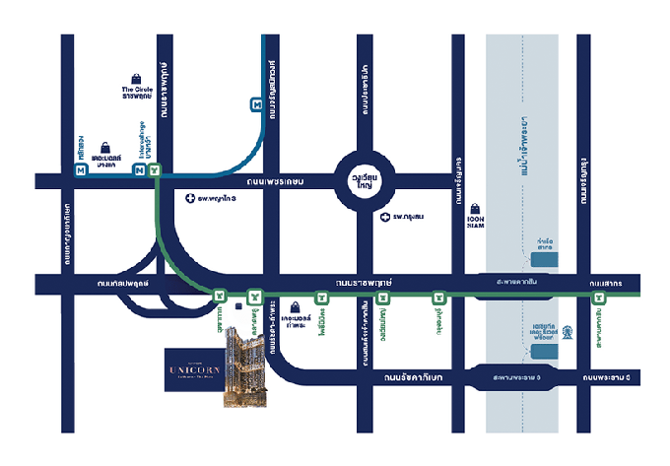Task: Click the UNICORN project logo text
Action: click(192, 369)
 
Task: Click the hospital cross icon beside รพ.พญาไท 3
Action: click(190, 198)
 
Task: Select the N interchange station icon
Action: click(140, 170)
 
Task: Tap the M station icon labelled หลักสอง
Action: click(80, 170)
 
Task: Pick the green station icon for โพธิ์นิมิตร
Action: click(321, 297)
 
